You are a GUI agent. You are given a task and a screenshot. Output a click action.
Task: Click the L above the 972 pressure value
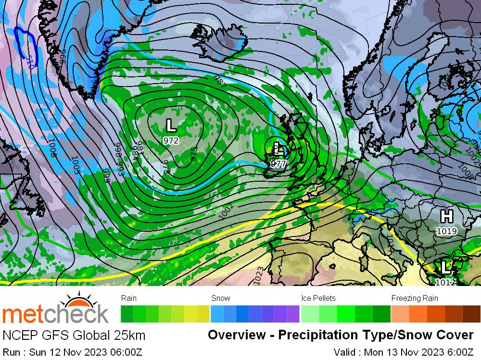[x=171, y=126]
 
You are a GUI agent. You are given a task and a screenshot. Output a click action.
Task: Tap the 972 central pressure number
[x=171, y=141]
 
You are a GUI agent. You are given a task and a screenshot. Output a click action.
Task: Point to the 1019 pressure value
[x=446, y=231]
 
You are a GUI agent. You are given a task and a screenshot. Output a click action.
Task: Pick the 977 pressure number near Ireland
[x=278, y=164]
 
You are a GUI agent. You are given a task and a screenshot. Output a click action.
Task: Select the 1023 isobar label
[x=259, y=275]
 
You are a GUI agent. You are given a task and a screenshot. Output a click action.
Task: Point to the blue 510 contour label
[x=30, y=61]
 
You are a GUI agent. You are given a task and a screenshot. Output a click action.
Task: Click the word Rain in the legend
[x=129, y=298]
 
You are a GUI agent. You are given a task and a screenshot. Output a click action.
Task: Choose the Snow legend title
[x=221, y=298]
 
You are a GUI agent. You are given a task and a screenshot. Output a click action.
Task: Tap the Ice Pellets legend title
[x=318, y=298]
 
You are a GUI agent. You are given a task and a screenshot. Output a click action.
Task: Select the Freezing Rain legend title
[x=415, y=298]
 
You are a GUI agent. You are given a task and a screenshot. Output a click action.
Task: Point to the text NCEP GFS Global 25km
[x=74, y=335]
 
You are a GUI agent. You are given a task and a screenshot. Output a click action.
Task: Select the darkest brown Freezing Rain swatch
[x=472, y=313]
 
